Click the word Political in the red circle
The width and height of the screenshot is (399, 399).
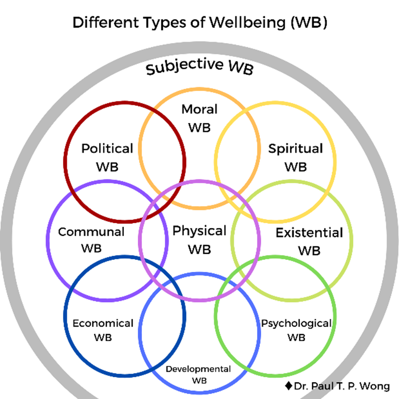pyautogui.click(x=107, y=149)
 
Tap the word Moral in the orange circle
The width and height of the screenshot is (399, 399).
pyautogui.click(x=199, y=110)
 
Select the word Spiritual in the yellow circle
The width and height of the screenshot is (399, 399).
pyautogui.click(x=295, y=149)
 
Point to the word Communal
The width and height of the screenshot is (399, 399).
pyautogui.click(x=91, y=232)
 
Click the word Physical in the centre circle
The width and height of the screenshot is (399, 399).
pyautogui.click(x=199, y=231)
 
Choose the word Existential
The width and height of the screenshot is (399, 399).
pyautogui.click(x=309, y=233)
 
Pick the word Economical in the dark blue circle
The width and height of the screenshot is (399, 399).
pyautogui.click(x=103, y=323)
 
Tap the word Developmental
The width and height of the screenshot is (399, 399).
pyautogui.click(x=198, y=369)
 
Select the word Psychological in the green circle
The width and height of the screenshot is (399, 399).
pyautogui.click(x=296, y=323)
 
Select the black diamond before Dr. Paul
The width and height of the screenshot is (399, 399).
pyautogui.click(x=289, y=385)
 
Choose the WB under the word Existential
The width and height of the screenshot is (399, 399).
pyautogui.click(x=309, y=251)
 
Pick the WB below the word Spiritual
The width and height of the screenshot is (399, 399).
pyautogui.click(x=295, y=166)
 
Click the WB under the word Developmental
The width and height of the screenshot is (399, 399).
pyautogui.click(x=198, y=381)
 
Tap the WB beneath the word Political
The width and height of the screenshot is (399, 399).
pyautogui.click(x=107, y=166)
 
